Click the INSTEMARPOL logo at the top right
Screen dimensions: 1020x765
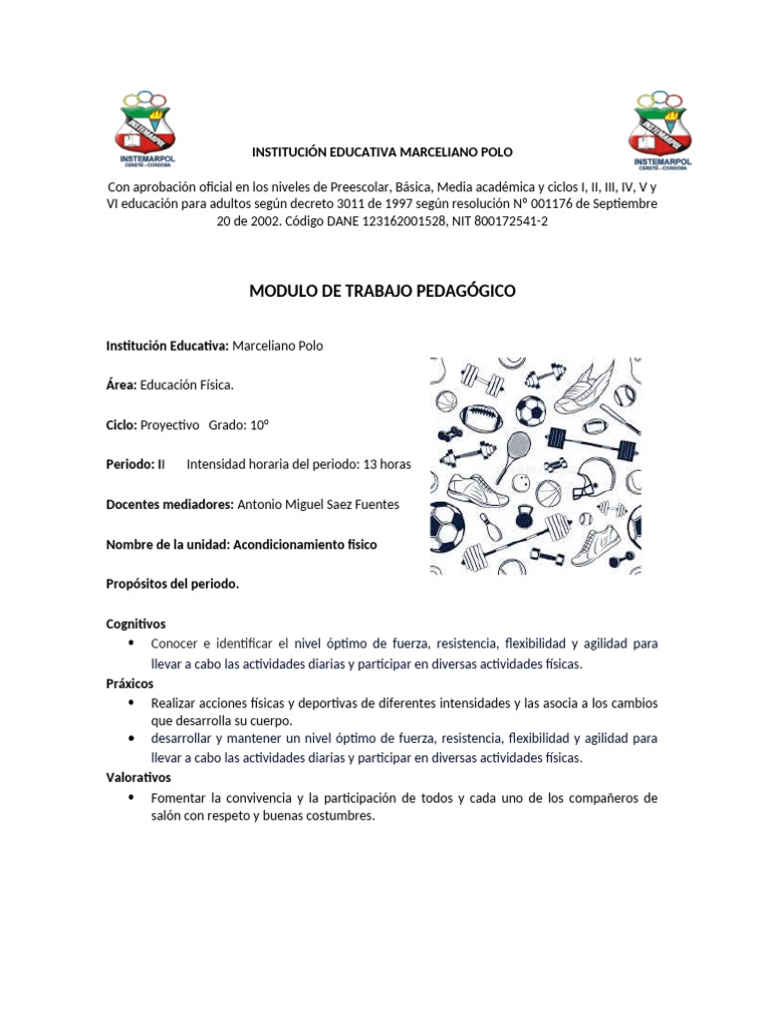click(x=657, y=129)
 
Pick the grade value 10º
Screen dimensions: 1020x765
click(x=260, y=424)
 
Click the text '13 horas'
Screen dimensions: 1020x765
click(x=386, y=464)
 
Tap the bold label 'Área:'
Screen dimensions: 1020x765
click(x=122, y=384)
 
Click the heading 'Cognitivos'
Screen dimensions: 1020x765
click(x=136, y=624)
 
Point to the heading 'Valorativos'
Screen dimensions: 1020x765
click(x=138, y=777)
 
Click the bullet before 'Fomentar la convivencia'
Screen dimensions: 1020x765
click(x=132, y=798)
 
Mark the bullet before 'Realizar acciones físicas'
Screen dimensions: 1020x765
click(x=132, y=702)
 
